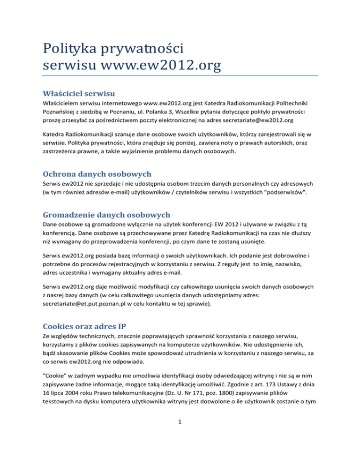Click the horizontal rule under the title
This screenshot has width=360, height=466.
point(180,75)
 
